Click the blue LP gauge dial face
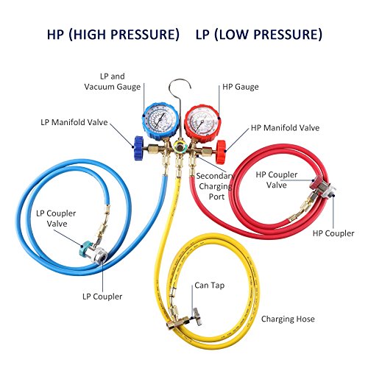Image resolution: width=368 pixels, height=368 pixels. (x=159, y=119)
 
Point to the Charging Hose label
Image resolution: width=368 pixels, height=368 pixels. (x=288, y=319)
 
